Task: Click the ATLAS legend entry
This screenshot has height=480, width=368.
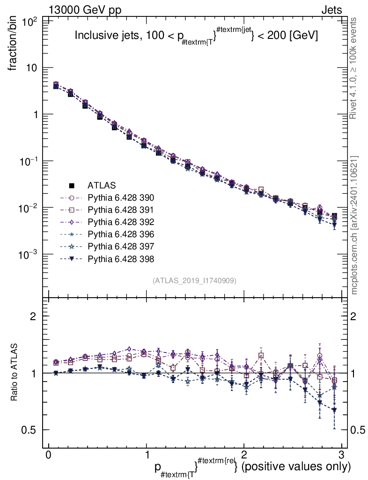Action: (x=101, y=185)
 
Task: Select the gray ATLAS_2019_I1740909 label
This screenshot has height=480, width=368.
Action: (x=194, y=280)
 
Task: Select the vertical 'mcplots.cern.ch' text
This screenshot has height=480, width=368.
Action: (x=355, y=225)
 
